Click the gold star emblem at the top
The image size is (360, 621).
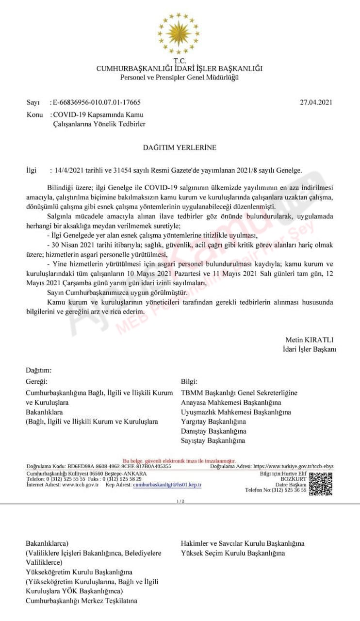tap(179, 33)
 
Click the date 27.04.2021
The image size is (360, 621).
tap(317, 102)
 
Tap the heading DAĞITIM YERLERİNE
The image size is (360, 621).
tap(180, 147)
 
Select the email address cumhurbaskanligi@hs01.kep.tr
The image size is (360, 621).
tap(167, 485)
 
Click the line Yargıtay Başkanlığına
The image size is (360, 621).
tap(213, 422)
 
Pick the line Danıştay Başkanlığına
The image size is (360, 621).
tap(213, 431)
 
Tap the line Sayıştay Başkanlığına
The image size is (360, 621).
tap(213, 441)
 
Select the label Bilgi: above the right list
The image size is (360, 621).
tap(189, 382)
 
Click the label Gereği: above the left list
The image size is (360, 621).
tap(37, 382)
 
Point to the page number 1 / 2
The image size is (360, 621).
tap(180, 501)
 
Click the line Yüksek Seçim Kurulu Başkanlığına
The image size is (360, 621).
tap(233, 553)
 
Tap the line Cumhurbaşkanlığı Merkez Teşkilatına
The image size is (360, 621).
tap(82, 601)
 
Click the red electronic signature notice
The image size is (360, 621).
tap(179, 460)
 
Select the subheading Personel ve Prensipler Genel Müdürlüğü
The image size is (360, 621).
tap(180, 77)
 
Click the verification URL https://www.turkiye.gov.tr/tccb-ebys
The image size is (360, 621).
tap(294, 466)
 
